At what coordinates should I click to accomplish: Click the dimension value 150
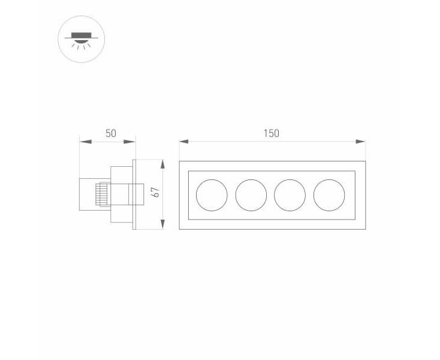272,133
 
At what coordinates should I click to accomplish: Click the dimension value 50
111,133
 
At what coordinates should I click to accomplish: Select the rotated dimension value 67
155,192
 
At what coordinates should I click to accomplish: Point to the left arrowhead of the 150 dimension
184,142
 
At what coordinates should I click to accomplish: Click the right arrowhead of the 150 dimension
361,142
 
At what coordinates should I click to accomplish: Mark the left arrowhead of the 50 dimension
85,142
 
